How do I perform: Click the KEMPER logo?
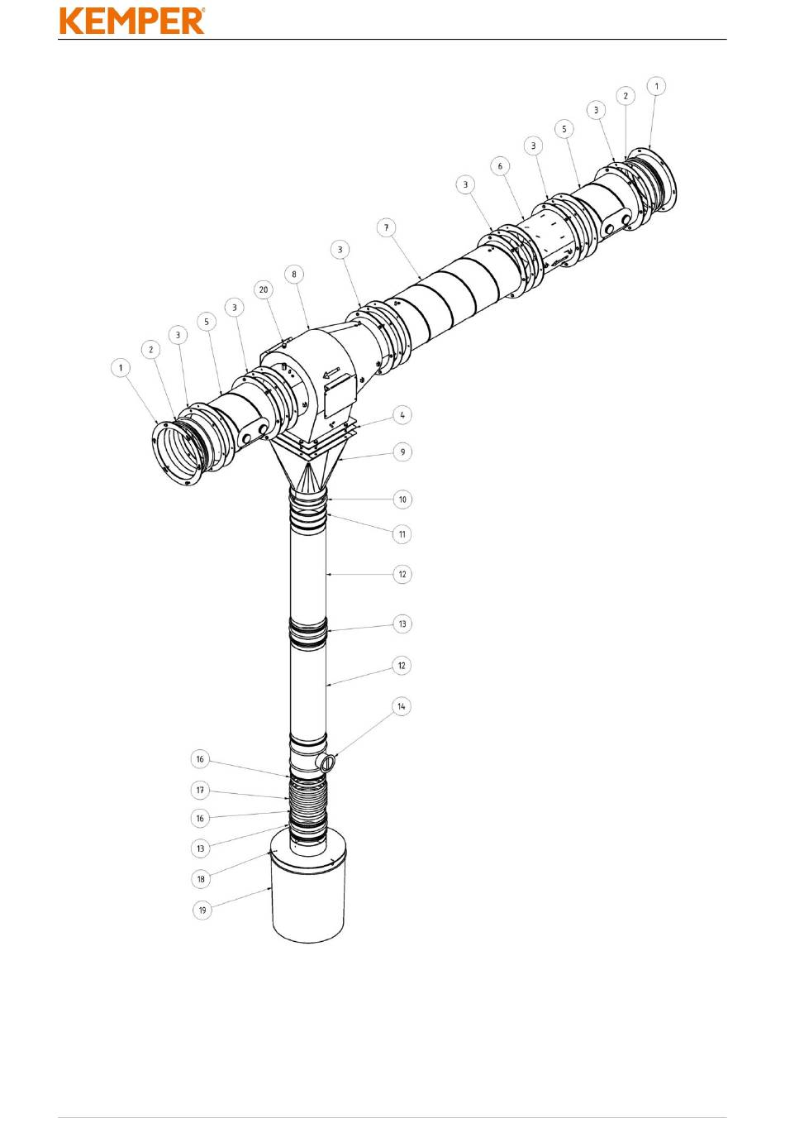[132, 21]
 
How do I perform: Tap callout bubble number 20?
[264, 289]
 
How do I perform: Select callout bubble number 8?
[294, 274]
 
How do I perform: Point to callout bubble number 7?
[386, 227]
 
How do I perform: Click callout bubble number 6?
[500, 165]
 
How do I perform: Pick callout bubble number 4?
[402, 415]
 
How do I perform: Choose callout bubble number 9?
[402, 452]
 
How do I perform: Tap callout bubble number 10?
[402, 499]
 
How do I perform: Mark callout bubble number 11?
[402, 533]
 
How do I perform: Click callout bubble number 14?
[402, 706]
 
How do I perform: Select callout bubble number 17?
[200, 790]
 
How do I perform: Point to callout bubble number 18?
[201, 878]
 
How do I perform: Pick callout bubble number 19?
[202, 910]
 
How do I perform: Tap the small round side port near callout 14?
[326, 762]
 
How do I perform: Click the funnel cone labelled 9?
[308, 470]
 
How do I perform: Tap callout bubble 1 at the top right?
[657, 86]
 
